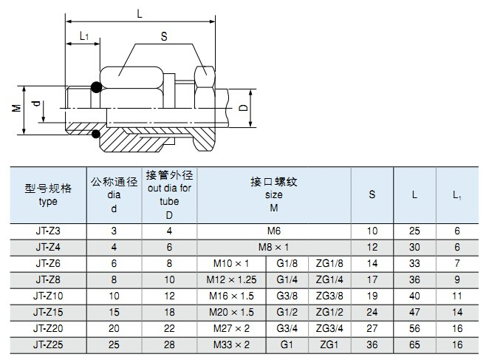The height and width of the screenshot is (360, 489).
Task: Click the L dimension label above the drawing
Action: pyautogui.click(x=140, y=13)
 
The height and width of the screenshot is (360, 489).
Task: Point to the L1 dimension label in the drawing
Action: pyautogui.click(x=84, y=36)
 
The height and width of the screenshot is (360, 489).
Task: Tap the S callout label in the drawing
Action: pyautogui.click(x=164, y=36)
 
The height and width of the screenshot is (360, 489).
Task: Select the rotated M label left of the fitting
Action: pyautogui.click(x=16, y=108)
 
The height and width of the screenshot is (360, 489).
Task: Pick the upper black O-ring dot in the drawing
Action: pyautogui.click(x=96, y=87)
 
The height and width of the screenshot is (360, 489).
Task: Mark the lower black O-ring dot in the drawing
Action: pyautogui.click(x=96, y=134)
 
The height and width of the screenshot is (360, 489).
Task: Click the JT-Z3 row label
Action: pyautogui.click(x=48, y=231)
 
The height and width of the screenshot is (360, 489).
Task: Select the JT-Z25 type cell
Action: pyautogui.click(x=48, y=344)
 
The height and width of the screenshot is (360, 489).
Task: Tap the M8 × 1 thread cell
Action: pyautogui.click(x=273, y=248)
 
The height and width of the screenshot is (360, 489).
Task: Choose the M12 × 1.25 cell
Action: pyautogui.click(x=231, y=279)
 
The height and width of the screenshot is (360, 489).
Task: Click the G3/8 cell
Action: pyautogui.click(x=287, y=296)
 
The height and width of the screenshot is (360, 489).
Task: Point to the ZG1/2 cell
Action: pyautogui.click(x=329, y=312)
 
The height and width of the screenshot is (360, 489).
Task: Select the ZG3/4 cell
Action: pyautogui.click(x=329, y=328)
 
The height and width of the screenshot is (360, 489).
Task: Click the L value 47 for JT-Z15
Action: pyautogui.click(x=414, y=312)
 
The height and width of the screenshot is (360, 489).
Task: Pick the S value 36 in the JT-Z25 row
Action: pyautogui.click(x=372, y=344)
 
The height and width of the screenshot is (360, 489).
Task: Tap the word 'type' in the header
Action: pyautogui.click(x=48, y=202)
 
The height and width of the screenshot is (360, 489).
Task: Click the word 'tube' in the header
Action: pyautogui.click(x=169, y=201)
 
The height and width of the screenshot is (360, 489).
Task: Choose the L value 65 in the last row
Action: pyautogui.click(x=414, y=344)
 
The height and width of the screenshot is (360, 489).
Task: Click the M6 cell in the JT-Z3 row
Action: pyautogui.click(x=274, y=231)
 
